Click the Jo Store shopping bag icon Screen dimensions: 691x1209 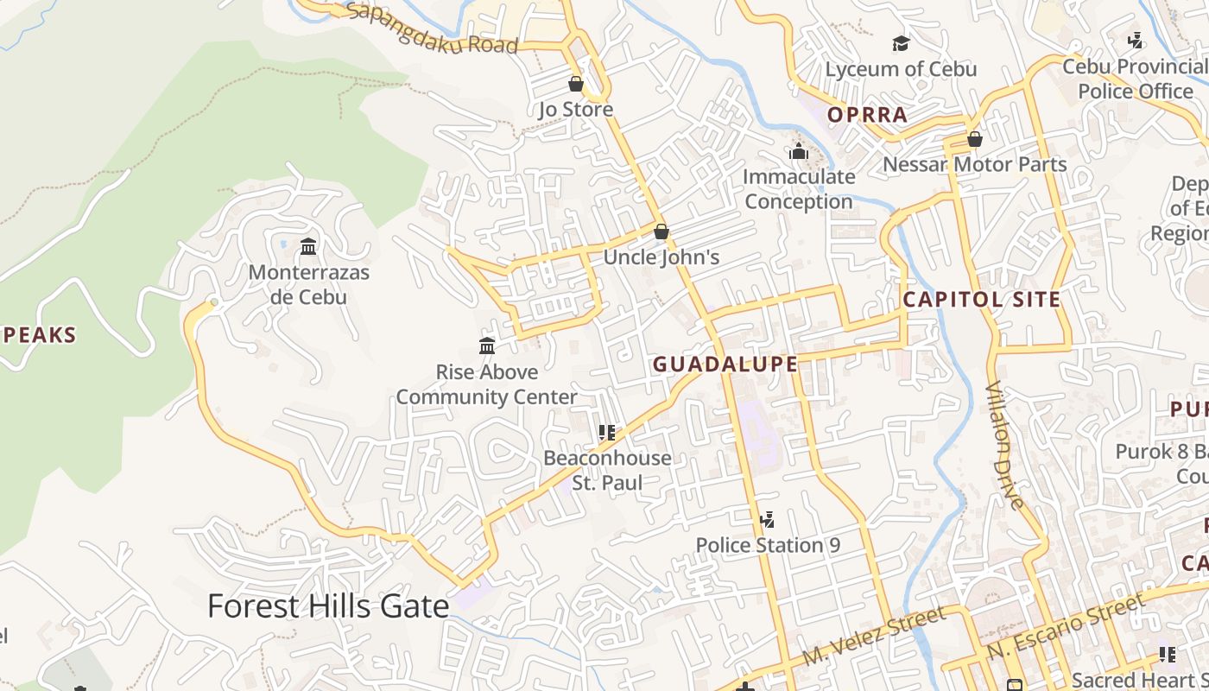click(x=576, y=84)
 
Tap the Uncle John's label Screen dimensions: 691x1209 click(x=661, y=257)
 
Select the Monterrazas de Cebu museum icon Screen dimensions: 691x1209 click(x=308, y=247)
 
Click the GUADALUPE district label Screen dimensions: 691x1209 click(x=725, y=364)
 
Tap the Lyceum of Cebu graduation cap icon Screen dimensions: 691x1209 click(x=901, y=43)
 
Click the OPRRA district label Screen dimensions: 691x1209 click(x=867, y=115)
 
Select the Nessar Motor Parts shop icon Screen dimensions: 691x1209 click(x=975, y=139)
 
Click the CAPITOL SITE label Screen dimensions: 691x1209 click(x=981, y=300)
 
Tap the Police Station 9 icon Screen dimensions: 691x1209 click(x=767, y=520)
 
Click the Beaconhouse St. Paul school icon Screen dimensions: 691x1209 click(x=607, y=432)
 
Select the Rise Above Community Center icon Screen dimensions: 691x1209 click(x=487, y=346)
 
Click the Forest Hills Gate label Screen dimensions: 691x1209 click(x=328, y=606)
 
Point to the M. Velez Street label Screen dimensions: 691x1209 click(x=873, y=637)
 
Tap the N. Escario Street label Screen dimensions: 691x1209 click(x=1066, y=624)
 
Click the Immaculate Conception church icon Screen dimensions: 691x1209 click(x=799, y=151)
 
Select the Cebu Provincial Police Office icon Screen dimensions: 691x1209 click(x=1136, y=41)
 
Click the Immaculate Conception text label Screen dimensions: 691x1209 click(x=799, y=189)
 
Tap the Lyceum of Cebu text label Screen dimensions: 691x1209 click(x=901, y=69)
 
